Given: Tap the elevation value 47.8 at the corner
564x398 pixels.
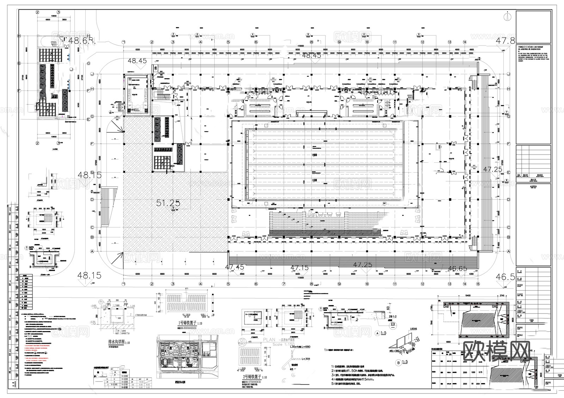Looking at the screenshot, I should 505,41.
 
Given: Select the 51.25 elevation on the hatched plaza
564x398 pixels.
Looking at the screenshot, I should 168,203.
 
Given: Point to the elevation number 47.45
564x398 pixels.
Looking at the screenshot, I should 234,267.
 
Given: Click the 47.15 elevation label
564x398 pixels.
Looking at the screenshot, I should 299,268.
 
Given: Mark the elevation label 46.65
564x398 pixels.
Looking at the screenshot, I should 457,268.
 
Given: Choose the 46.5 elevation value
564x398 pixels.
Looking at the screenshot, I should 505,277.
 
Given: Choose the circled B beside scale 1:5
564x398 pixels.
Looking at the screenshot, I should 398,362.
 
